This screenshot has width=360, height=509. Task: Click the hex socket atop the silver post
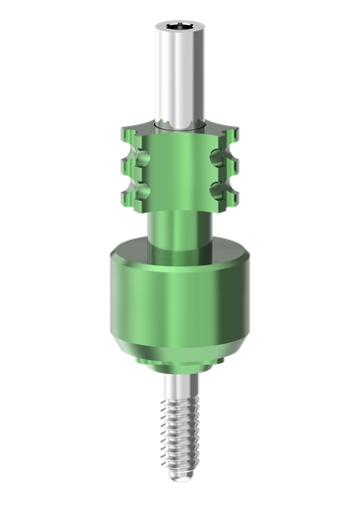[180, 21]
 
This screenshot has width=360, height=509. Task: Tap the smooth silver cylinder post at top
[180, 75]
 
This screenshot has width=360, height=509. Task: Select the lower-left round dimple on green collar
[128, 188]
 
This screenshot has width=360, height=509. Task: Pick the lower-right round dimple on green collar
[233, 188]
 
